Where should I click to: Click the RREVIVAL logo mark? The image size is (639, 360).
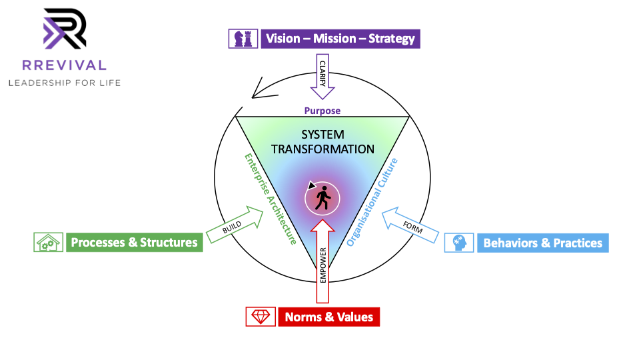pyautogui.click(x=64, y=29)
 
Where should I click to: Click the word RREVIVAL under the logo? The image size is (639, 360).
pyautogui.click(x=64, y=65)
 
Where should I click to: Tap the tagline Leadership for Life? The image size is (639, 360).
pyautogui.click(x=64, y=83)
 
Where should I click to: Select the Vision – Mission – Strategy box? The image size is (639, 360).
pyautogui.click(x=340, y=38)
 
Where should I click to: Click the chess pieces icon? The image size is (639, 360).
pyautogui.click(x=243, y=38)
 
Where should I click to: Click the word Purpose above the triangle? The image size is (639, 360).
pyautogui.click(x=322, y=111)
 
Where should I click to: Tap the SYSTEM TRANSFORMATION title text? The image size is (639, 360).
pyautogui.click(x=322, y=141)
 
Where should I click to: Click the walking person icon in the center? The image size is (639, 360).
pyautogui.click(x=322, y=198)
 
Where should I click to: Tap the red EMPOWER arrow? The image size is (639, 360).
pyautogui.click(x=322, y=264)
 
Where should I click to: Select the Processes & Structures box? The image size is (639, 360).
pyautogui.click(x=134, y=242)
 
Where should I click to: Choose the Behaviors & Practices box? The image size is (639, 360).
pyautogui.click(x=542, y=243)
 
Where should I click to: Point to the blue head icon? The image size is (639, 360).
pyautogui.click(x=459, y=243)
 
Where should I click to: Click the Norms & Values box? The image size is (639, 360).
pyautogui.click(x=328, y=317)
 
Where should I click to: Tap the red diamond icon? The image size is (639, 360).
pyautogui.click(x=260, y=317)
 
